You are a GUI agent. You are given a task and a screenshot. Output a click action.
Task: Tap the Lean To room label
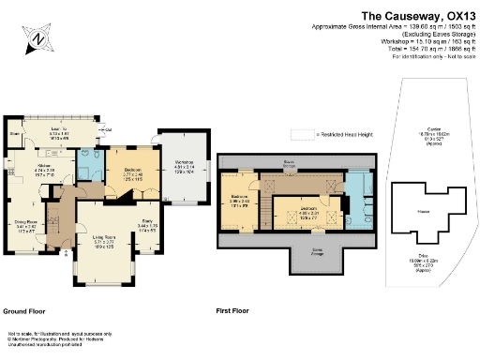[x=59, y=131]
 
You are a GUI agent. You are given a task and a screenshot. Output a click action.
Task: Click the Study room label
[x=146, y=223]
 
